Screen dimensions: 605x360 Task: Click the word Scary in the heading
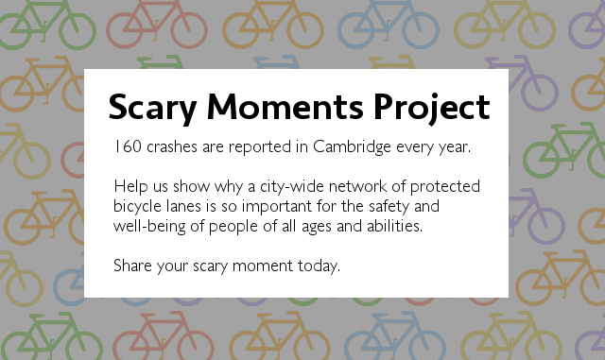click(153, 109)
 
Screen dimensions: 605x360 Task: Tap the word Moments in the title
click(285, 107)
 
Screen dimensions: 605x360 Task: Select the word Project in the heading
click(432, 109)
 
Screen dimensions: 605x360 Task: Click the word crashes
click(172, 146)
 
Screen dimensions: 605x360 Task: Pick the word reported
click(260, 147)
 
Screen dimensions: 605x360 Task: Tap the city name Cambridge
click(352, 147)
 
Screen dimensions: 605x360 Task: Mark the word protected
click(445, 187)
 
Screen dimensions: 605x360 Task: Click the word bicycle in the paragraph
click(137, 207)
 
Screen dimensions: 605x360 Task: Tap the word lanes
click(183, 206)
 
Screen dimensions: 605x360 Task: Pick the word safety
click(389, 207)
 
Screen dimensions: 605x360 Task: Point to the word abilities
click(394, 226)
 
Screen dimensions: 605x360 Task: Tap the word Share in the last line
click(132, 266)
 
